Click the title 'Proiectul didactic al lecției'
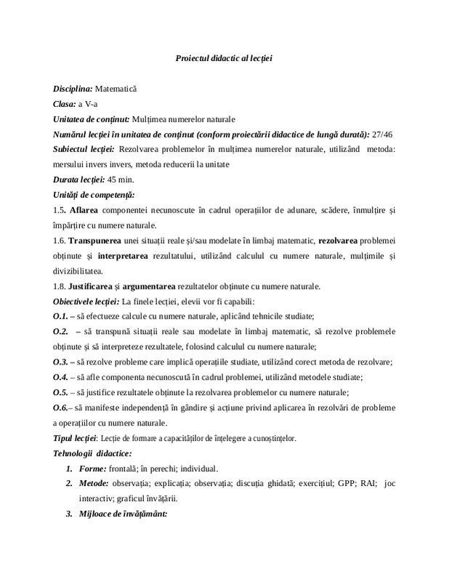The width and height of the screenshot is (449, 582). pyautogui.click(x=224, y=57)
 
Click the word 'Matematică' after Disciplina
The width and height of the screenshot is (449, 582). pyautogui.click(x=117, y=89)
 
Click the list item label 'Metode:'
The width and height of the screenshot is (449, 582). pyautogui.click(x=98, y=483)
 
